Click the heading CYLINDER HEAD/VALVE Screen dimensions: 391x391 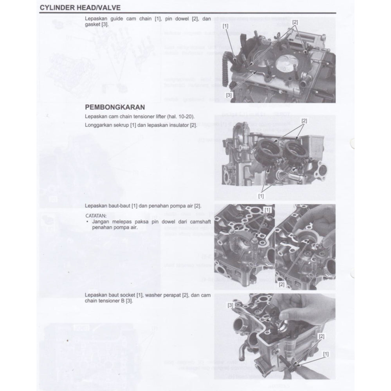(80, 8)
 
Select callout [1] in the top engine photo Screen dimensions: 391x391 (225, 26)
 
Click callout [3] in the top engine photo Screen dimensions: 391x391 (229, 95)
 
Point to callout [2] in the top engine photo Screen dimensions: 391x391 (295, 22)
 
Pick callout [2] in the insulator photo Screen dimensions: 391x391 (304, 121)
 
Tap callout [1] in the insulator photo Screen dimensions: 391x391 (261, 195)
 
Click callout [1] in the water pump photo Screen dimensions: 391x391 (267, 210)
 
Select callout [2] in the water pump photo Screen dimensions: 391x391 (281, 284)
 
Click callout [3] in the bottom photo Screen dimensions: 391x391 (231, 305)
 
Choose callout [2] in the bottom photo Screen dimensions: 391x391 (321, 336)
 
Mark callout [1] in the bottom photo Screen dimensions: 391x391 (325, 353)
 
